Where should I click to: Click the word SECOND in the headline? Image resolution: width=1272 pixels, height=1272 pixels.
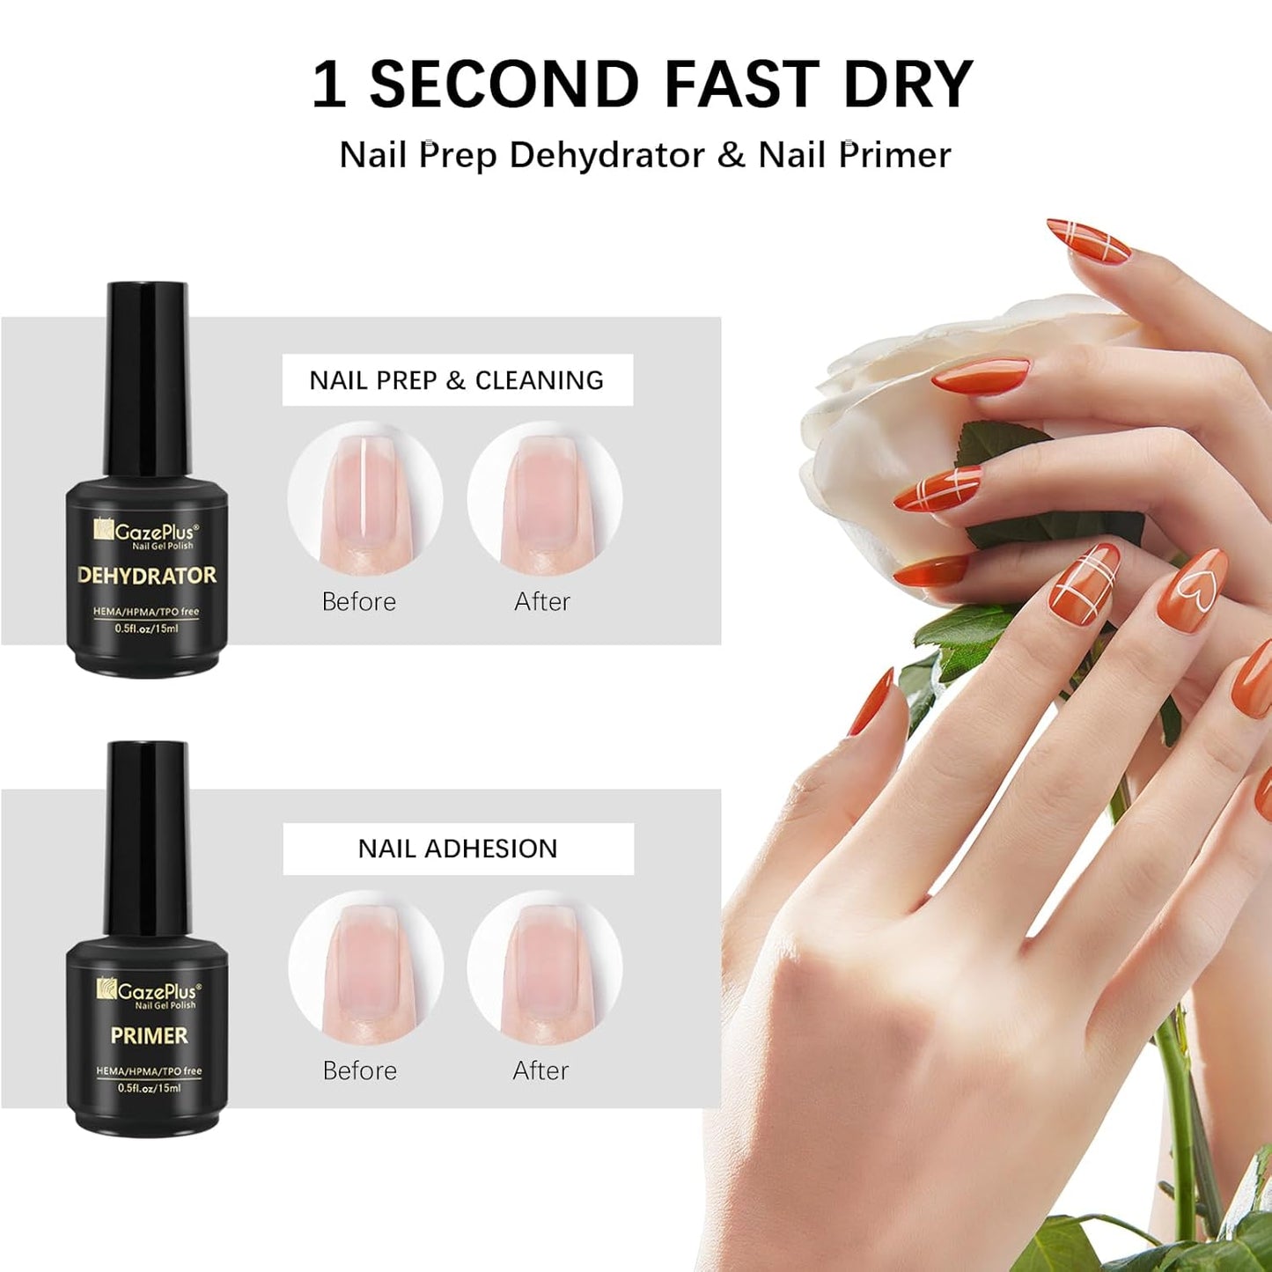504,85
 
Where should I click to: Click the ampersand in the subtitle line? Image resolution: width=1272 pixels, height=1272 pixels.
731,156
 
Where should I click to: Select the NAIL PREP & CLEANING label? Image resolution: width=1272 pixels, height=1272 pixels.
457,380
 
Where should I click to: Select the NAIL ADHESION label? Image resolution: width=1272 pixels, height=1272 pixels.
458,849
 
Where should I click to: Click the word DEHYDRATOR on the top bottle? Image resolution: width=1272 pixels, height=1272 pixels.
147,576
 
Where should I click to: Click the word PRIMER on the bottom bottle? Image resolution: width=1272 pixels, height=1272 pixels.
149,1035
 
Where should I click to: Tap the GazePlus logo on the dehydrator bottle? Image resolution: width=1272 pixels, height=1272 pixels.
147,533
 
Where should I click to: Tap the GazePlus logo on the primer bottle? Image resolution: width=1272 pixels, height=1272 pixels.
148,993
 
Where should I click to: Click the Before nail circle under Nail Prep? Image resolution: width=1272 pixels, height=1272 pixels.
365,499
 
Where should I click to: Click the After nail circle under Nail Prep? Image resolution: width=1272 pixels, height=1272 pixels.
544,499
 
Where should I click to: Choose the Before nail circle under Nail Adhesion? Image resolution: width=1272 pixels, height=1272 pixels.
365,967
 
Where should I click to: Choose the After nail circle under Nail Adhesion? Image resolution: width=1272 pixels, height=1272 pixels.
544,967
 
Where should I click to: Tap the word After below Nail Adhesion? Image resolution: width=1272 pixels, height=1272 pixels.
540,1070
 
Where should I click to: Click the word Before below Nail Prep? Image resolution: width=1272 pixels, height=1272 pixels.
359,602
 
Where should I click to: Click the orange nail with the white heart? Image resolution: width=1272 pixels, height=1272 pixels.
1193,588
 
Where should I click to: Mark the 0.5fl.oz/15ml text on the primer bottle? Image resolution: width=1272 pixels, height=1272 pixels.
149,1088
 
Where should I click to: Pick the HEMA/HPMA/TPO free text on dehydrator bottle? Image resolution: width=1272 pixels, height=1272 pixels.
147,612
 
